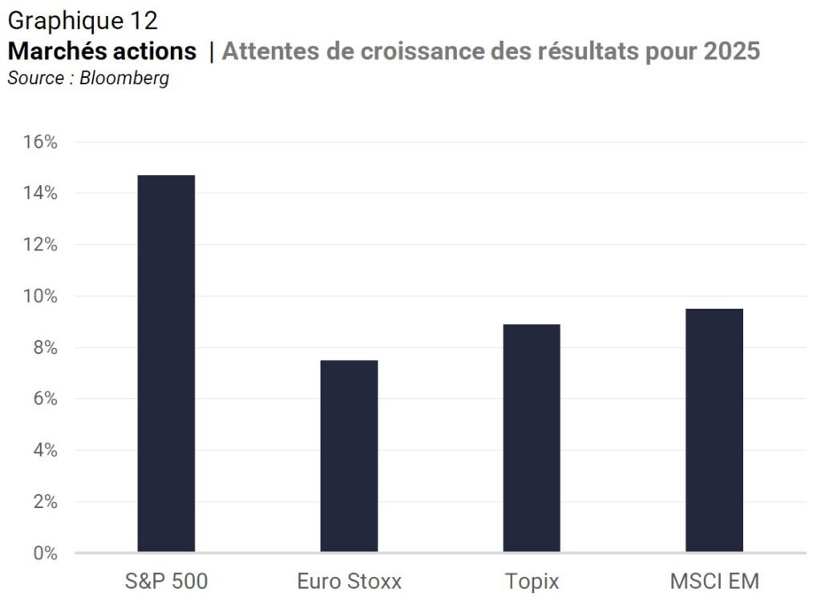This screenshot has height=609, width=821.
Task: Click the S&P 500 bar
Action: pos(166,363)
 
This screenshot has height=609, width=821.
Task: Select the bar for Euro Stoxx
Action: pos(349,456)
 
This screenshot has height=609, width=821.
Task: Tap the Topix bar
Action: pos(532,438)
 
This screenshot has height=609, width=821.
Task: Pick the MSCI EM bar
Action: pos(714,430)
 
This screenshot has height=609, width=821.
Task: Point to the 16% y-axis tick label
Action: pos(40,141)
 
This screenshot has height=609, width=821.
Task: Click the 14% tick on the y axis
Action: pos(40,193)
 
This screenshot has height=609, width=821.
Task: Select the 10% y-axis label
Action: pos(40,295)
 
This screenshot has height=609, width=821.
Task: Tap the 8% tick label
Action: pos(45,347)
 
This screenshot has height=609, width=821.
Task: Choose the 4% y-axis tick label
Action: pos(45,449)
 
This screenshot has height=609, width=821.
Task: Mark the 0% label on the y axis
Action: pos(45,553)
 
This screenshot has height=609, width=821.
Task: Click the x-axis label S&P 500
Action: pos(167,581)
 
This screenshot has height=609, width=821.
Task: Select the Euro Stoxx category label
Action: pos(350,581)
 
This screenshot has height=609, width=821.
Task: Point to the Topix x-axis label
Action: pos(532,582)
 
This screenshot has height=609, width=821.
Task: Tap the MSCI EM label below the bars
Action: pos(714,581)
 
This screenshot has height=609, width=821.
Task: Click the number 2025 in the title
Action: pos(731,51)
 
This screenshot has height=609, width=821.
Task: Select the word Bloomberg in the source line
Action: pos(124,78)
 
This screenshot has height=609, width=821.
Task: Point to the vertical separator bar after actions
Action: pos(212,52)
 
